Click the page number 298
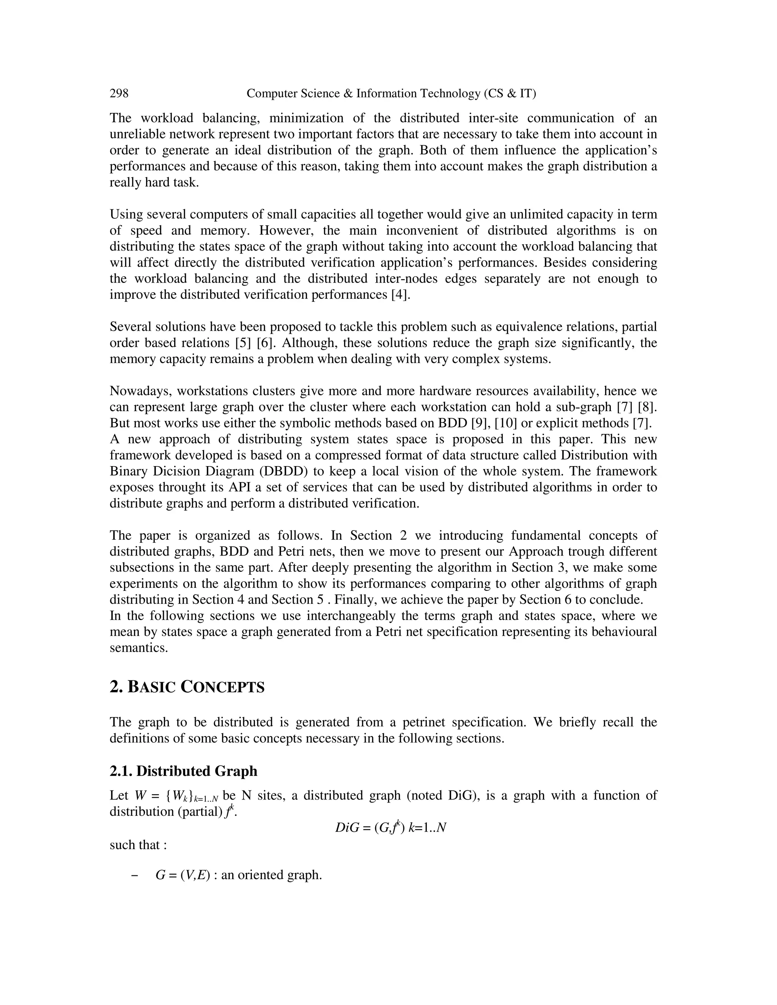pyautogui.click(x=119, y=93)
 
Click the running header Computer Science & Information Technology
pyautogui.click(x=391, y=93)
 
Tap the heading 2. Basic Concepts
pyautogui.click(x=187, y=687)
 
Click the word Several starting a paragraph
pyautogui.click(x=130, y=327)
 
